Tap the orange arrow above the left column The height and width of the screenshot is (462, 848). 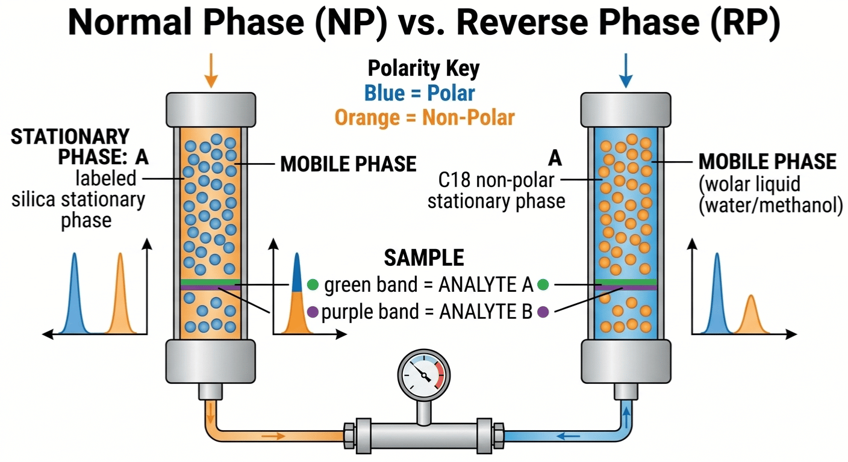[x=210, y=71]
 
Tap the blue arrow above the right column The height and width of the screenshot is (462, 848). [x=626, y=71]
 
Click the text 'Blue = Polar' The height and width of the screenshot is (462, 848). [x=419, y=93]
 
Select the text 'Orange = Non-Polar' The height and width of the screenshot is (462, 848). [x=425, y=117]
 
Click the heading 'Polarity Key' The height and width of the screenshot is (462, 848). [x=424, y=69]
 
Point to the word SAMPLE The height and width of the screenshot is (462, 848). [x=424, y=258]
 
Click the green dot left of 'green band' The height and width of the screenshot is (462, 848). [x=313, y=285]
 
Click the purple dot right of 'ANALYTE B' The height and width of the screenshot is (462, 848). [x=543, y=312]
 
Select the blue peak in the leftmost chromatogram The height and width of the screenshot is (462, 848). [x=75, y=295]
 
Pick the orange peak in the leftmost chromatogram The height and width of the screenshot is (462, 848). [x=120, y=295]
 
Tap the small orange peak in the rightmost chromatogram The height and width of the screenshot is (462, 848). [x=750, y=314]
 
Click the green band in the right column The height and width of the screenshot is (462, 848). [x=626, y=282]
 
